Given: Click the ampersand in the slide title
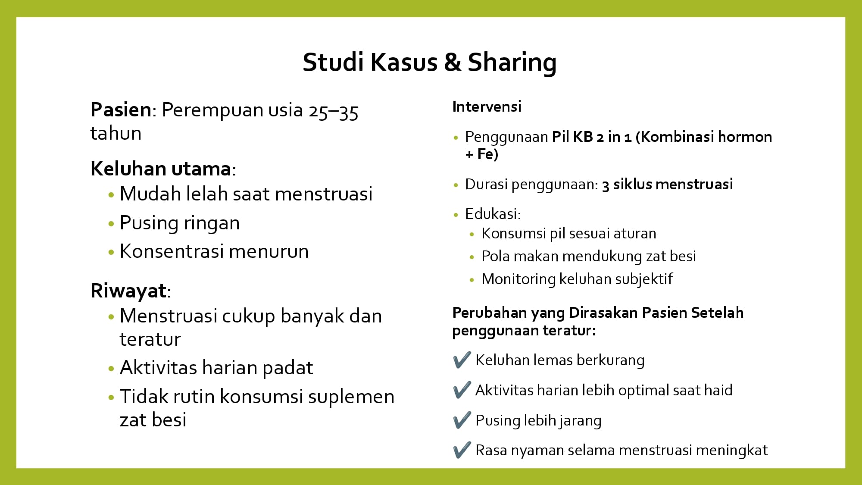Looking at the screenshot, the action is [453, 63].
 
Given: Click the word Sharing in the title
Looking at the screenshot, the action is [512, 63].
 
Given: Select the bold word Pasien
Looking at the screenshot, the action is [121, 110].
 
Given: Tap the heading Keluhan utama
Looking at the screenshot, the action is [161, 169].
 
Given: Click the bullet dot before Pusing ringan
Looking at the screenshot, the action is [111, 224].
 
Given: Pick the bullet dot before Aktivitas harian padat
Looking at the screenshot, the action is [111, 369].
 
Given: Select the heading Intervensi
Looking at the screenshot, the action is [487, 106].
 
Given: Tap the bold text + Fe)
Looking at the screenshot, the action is [481, 154].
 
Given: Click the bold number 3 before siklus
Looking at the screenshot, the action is [606, 185].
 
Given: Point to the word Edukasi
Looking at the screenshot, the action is [493, 214].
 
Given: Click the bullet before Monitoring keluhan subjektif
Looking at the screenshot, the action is [472, 280].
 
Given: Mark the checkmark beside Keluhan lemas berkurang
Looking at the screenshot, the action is [462, 360].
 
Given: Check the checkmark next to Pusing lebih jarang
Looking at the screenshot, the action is [462, 420].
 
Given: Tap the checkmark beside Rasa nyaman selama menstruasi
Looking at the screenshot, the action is [462, 451].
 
